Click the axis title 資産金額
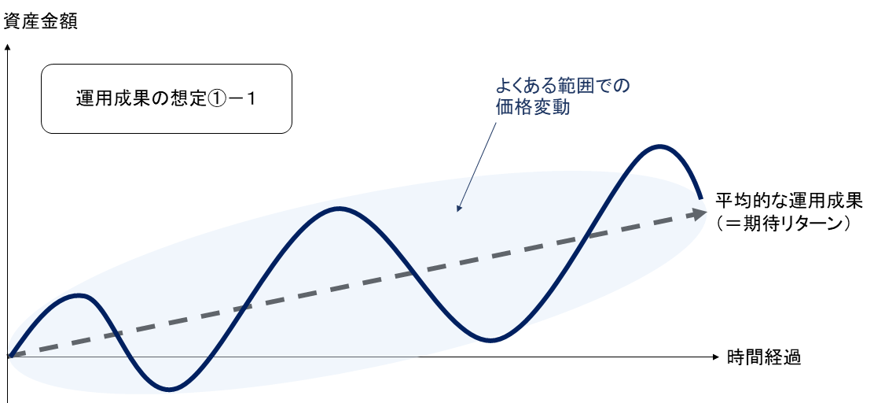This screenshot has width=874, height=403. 40,22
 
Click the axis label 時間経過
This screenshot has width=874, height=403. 764,357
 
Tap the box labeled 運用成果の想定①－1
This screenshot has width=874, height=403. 167,99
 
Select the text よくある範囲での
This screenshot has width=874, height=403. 563,87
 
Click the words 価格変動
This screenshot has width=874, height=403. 532,107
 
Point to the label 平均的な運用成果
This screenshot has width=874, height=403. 788,201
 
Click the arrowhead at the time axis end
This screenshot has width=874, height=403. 716,357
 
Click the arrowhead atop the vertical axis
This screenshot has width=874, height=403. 7,47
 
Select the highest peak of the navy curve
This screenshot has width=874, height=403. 659,147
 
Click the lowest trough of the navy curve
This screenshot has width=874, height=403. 168,389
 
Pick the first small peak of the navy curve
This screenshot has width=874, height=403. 79,295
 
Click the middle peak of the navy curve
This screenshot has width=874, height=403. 338,209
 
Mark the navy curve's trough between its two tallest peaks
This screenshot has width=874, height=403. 490,340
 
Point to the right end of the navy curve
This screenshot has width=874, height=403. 700,197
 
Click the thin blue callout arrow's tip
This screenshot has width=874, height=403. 457,211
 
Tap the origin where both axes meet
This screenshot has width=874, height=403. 8,357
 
